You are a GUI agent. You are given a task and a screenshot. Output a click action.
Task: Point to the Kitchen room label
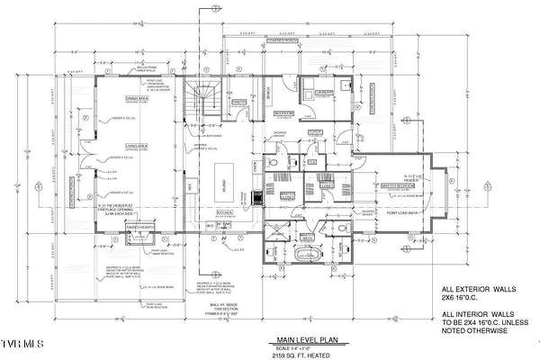[225, 211]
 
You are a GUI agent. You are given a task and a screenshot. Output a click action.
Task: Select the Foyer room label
[314, 134]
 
